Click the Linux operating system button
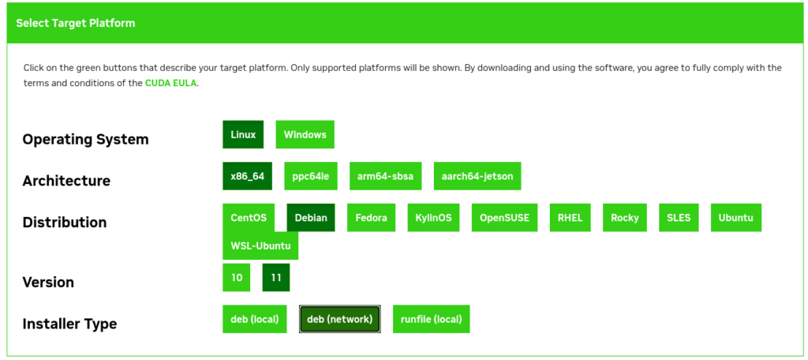coord(243,135)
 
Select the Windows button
coord(305,135)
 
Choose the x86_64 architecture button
coord(247,176)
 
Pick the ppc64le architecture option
coord(311,176)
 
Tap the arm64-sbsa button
coord(385,176)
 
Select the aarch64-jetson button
coord(477,176)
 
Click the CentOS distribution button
coord(249,218)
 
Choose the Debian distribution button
coord(311,218)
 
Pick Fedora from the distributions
coord(371,218)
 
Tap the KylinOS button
coord(433,218)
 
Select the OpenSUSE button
coord(504,218)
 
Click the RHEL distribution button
coord(570,218)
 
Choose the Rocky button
coord(625,218)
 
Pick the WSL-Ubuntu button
coord(260,246)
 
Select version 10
coord(237,277)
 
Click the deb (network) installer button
coord(339,319)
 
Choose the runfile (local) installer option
coord(432,319)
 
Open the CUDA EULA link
coord(170,83)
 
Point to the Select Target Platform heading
coord(76,23)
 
